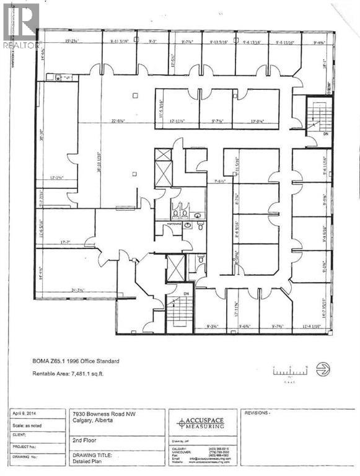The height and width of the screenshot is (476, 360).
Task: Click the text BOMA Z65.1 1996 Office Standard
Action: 76,361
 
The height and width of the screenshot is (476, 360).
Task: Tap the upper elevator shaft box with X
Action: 163,167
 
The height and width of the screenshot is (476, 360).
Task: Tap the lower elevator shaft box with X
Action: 176,267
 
